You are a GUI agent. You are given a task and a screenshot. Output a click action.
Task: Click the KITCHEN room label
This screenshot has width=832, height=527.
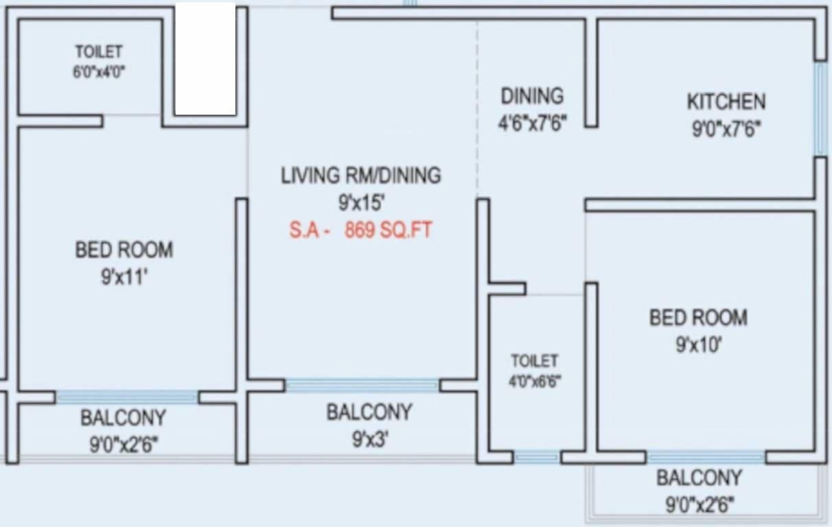click(x=726, y=102)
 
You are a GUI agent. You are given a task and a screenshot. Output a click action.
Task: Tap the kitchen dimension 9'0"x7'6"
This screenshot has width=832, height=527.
click(x=726, y=129)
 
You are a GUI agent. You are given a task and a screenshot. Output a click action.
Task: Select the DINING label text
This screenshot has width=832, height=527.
click(x=531, y=95)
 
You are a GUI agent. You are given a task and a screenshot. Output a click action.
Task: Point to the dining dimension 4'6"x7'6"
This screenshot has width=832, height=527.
click(x=532, y=124)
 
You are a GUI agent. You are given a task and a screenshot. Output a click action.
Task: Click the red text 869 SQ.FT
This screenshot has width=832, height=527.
click(x=388, y=230)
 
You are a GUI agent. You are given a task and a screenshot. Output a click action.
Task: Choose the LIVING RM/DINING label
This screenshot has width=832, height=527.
click(x=361, y=175)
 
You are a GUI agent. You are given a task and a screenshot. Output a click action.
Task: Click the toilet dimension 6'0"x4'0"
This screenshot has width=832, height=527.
click(x=99, y=71)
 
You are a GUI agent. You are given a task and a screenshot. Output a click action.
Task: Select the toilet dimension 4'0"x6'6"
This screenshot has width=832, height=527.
click(x=534, y=382)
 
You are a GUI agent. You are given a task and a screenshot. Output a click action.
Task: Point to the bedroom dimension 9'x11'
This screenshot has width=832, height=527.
click(x=124, y=278)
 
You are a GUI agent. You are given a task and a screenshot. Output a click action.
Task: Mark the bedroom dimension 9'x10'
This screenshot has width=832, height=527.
click(x=698, y=345)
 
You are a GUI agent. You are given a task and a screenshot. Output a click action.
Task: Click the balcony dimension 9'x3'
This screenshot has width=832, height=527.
click(x=370, y=439)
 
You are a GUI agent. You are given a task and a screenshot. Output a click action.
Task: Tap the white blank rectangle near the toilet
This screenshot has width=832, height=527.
click(x=205, y=59)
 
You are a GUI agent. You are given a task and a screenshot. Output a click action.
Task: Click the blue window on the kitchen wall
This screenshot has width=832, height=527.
click(x=820, y=109)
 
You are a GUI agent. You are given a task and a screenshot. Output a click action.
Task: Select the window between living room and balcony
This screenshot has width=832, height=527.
click(x=362, y=386)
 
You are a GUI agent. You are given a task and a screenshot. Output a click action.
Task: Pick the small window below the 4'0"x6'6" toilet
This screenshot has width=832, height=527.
click(x=537, y=457)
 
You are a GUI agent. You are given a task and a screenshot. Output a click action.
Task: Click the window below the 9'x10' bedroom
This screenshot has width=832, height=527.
click(x=706, y=457)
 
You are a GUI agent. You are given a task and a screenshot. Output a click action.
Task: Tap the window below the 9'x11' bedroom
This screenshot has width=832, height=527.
click(x=126, y=397)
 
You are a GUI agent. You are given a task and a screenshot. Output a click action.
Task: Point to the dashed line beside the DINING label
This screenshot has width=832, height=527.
click(x=477, y=103)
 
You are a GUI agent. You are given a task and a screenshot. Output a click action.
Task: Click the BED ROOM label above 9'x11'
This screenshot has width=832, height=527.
click(x=124, y=249)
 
